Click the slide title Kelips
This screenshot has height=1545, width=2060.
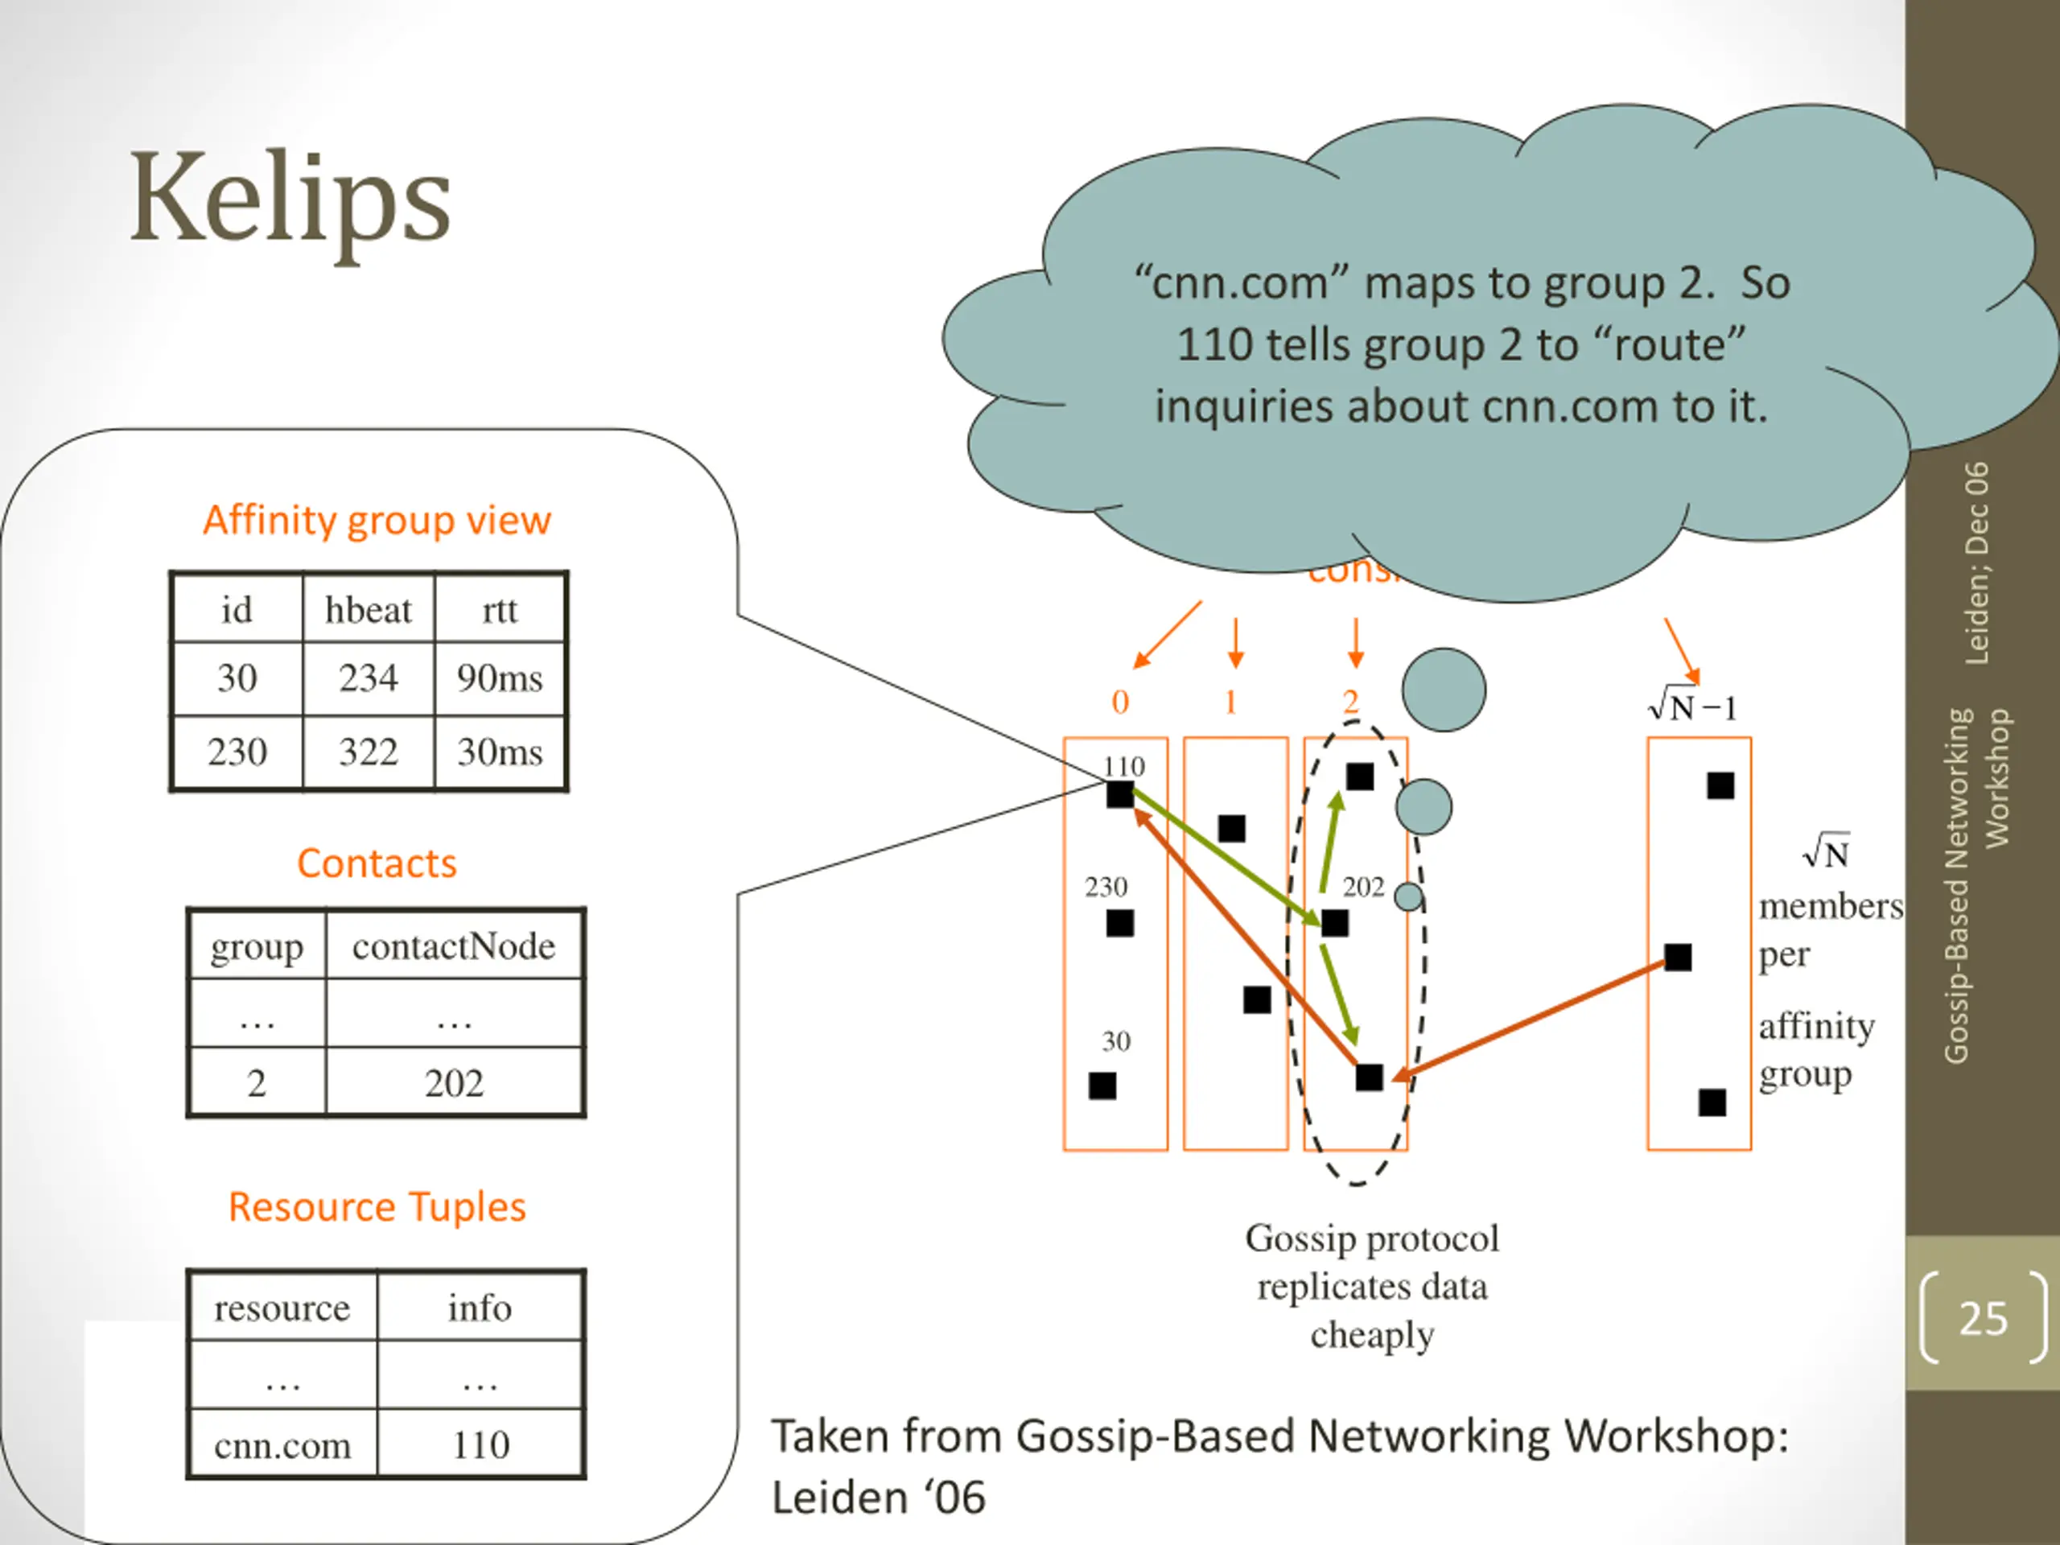pyautogui.click(x=290, y=200)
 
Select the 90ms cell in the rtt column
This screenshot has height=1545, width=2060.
pyautogui.click(x=499, y=678)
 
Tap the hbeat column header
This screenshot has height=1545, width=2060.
pyautogui.click(x=368, y=610)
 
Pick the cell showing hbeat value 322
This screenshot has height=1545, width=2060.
pyautogui.click(x=368, y=752)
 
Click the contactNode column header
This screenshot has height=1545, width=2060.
pyautogui.click(x=454, y=946)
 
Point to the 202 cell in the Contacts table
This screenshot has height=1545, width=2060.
pyautogui.click(x=454, y=1083)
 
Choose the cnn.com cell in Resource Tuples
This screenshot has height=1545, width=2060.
pyautogui.click(x=282, y=1444)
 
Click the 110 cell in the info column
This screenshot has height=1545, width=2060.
pyautogui.click(x=480, y=1444)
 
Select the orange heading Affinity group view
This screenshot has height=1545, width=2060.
pyautogui.click(x=377, y=520)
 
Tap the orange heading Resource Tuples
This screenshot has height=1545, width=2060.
pyautogui.click(x=377, y=1207)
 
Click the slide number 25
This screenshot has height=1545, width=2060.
pyautogui.click(x=1983, y=1319)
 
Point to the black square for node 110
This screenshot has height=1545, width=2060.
pyautogui.click(x=1120, y=794)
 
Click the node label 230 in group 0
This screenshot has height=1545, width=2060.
pyautogui.click(x=1106, y=887)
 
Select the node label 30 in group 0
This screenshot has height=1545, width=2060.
pyautogui.click(x=1115, y=1041)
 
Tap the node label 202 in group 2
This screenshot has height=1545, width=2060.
pyautogui.click(x=1363, y=887)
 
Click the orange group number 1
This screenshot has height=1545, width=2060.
pyautogui.click(x=1231, y=702)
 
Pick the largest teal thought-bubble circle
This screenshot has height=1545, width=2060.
pyautogui.click(x=1444, y=690)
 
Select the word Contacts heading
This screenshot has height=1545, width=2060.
pyautogui.click(x=377, y=863)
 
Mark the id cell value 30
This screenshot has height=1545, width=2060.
pyautogui.click(x=237, y=678)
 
